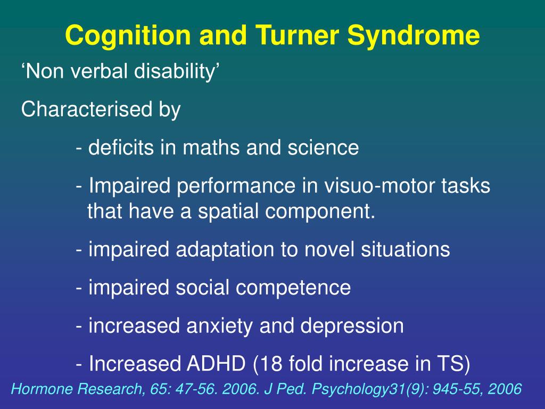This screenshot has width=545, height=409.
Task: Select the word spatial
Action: tap(229, 211)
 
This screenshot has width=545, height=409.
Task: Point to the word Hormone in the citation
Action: tap(40, 389)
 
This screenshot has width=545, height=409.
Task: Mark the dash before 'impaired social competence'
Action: tap(79, 288)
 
